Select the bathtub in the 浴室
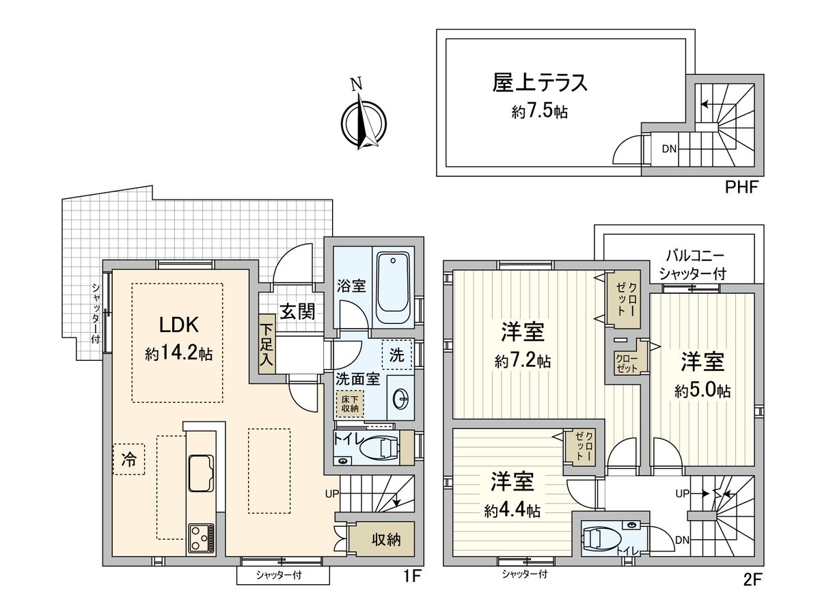(392, 288)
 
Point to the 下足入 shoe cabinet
(266, 344)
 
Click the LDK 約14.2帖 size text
(178, 354)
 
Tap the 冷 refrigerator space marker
(128, 459)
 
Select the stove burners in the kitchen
(200, 538)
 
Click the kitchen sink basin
(200, 472)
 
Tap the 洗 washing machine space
(397, 355)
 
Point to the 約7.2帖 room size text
(523, 360)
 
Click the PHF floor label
(741, 187)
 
